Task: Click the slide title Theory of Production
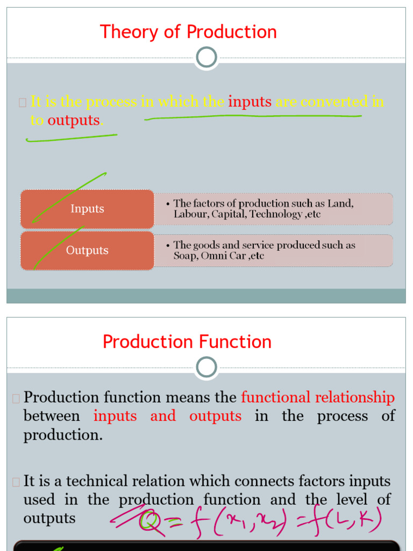coord(188,32)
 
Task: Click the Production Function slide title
coord(187,342)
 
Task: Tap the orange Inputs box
coord(87,209)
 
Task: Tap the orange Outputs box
coord(87,250)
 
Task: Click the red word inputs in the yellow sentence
coord(250,102)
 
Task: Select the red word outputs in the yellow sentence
coord(74,120)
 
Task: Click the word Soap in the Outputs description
coord(185,256)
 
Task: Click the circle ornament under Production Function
coord(207,368)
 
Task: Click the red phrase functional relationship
coord(318,398)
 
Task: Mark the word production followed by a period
coord(62,435)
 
